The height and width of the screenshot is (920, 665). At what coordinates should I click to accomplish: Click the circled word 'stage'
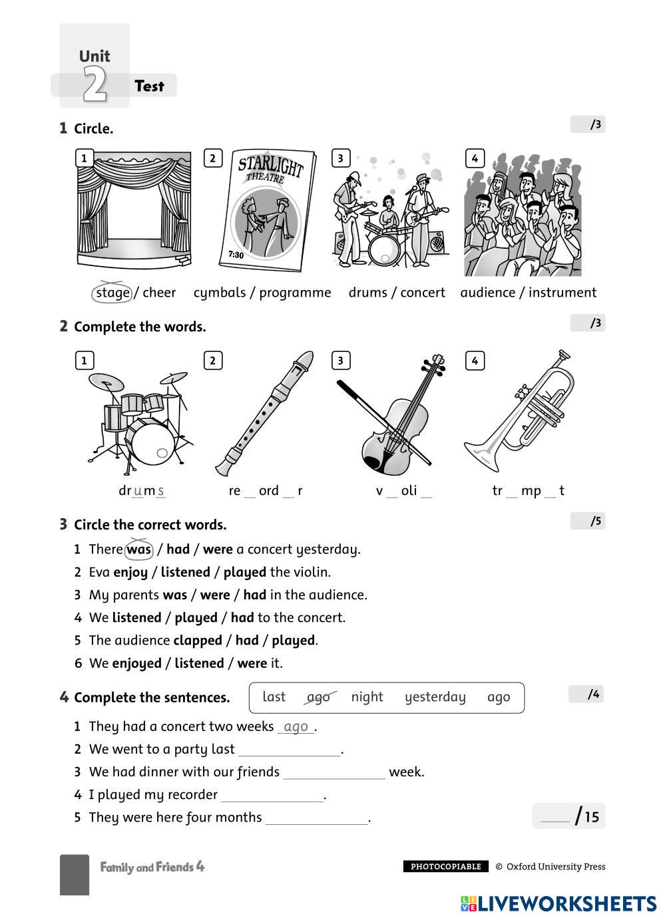[x=112, y=293]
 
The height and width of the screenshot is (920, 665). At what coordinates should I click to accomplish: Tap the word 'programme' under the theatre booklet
[x=295, y=293]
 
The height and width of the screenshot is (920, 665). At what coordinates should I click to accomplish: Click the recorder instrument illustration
[x=264, y=412]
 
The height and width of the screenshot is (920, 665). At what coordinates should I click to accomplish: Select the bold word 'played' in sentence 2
[x=244, y=572]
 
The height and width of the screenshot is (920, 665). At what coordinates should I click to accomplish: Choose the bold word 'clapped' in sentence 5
[x=197, y=641]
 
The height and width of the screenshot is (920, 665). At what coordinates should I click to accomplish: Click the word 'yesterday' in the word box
[x=435, y=697]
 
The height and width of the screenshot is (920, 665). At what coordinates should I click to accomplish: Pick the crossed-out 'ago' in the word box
[x=319, y=697]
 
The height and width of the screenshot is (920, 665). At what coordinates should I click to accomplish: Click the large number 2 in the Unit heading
[x=95, y=85]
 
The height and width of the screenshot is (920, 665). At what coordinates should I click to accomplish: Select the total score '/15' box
[x=568, y=816]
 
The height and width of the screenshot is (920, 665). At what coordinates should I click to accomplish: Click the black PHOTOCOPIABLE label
[x=445, y=867]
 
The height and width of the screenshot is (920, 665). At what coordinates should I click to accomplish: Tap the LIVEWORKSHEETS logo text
[x=566, y=903]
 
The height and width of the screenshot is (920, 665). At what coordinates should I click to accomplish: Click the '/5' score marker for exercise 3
[x=588, y=522]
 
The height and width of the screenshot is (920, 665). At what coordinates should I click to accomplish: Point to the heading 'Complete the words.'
[x=140, y=327]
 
